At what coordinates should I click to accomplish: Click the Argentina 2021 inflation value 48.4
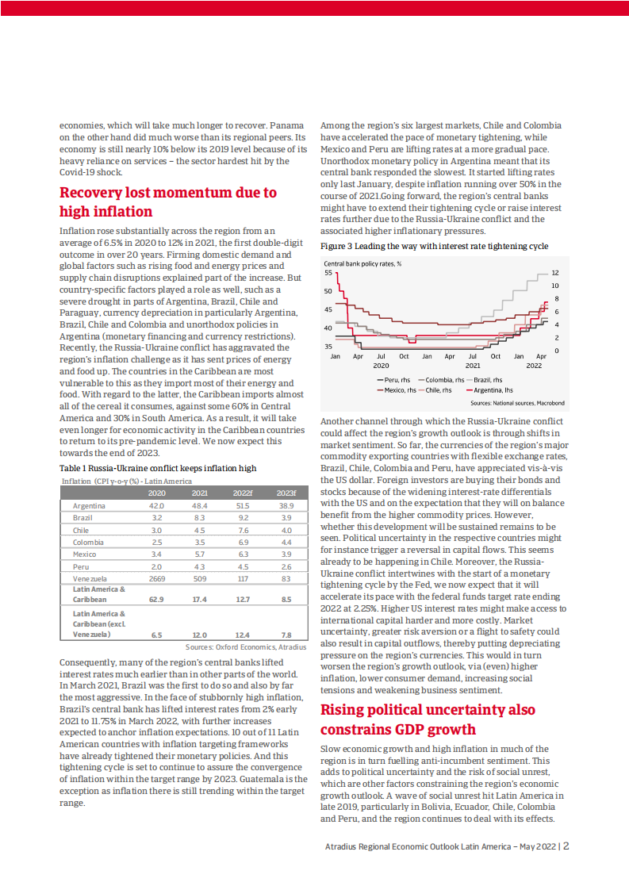point(200,505)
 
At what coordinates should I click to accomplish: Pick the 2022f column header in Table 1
point(243,493)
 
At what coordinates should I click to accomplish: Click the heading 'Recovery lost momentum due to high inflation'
point(168,201)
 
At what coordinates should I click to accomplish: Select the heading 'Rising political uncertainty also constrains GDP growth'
point(427,720)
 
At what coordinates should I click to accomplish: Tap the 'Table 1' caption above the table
point(158,468)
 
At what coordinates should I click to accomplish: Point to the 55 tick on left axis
point(328,272)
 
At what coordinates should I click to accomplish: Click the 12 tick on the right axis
point(555,272)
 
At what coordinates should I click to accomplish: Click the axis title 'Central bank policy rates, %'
point(363,263)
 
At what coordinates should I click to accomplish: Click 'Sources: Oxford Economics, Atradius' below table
point(246,647)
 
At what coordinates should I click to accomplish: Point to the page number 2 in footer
point(566,846)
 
